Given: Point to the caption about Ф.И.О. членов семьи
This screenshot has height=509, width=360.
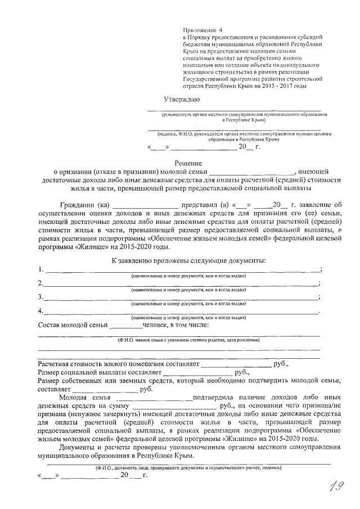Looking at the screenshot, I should pyautogui.click(x=188, y=340).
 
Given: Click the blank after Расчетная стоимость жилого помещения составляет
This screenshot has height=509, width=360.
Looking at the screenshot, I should pyautogui.click(x=236, y=364).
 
